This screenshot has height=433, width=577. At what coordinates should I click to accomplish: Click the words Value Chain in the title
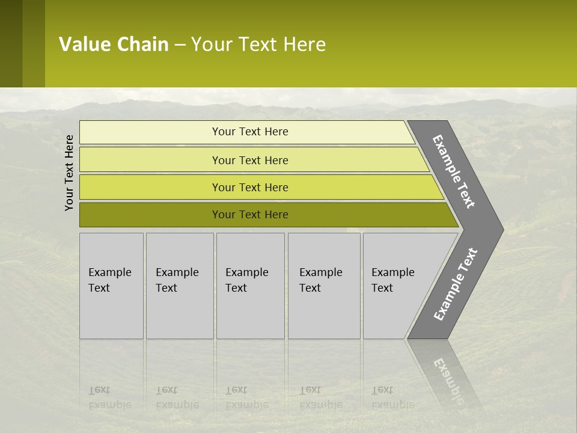coord(114,44)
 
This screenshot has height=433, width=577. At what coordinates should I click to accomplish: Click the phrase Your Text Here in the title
coord(258,44)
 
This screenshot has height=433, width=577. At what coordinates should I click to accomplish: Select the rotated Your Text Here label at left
coord(69,173)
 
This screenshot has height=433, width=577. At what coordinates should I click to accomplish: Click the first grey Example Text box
coord(111,286)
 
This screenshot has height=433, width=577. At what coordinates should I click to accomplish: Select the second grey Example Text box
coord(180,286)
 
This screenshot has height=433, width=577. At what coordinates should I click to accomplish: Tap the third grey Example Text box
coord(250,286)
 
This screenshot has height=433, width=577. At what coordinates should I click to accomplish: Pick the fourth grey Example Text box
coord(324,286)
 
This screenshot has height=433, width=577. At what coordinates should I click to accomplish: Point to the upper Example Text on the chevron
coord(454,171)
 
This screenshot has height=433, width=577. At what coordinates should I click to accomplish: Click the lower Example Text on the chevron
coord(455,284)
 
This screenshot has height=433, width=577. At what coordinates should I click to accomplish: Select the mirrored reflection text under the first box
coord(109,398)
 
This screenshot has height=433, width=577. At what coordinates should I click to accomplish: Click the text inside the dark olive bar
coord(250,215)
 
